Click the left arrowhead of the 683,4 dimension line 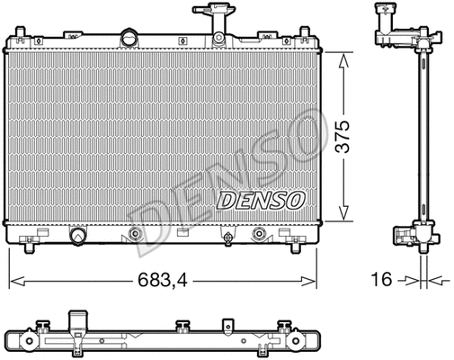click(x=13, y=280)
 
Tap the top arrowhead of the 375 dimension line click(x=343, y=55)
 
